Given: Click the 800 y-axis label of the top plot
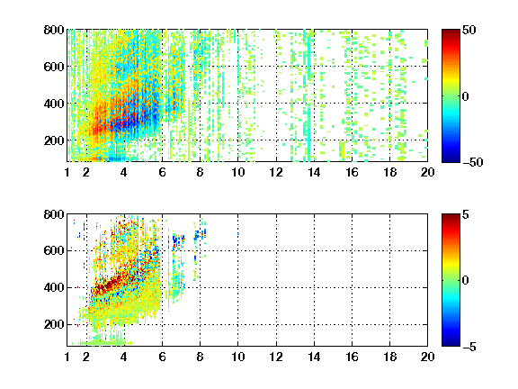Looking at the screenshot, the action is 54,30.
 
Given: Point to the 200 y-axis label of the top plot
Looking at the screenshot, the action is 54,140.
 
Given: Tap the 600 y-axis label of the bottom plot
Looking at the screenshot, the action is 54,250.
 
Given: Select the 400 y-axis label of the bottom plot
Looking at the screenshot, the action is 54,287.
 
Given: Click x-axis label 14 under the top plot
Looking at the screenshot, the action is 314,172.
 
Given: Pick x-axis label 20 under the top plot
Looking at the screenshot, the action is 427,172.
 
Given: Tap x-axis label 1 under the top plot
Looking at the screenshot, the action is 67,172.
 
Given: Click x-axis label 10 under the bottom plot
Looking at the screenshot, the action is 237,357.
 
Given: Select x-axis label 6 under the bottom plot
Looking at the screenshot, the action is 162,357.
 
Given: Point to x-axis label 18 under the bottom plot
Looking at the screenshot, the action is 389,357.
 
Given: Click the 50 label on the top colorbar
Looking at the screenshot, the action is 469,30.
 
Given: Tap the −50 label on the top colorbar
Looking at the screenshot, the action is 472,162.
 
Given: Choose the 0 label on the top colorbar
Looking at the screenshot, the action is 465,96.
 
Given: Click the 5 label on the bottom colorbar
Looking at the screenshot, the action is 466,214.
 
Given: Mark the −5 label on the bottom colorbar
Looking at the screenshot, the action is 469,347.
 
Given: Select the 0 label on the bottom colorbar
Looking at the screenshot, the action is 465,281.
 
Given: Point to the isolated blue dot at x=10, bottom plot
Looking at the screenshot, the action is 238,234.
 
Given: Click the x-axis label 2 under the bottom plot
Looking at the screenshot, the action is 86,357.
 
